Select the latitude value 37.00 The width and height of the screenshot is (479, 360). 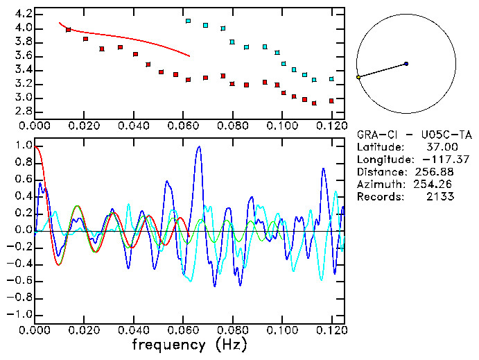coord(439,146)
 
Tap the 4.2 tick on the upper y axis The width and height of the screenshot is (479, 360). coord(21,14)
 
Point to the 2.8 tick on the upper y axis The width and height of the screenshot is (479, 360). coord(21,112)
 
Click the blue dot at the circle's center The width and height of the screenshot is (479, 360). coord(406,64)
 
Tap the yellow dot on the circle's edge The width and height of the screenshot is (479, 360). coord(358,77)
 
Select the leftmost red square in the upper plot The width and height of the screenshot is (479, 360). coord(68,30)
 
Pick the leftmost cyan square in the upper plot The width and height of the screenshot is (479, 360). coord(188,21)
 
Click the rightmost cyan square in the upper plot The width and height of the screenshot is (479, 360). coord(331,79)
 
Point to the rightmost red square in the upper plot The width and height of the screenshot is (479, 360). coord(331,101)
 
